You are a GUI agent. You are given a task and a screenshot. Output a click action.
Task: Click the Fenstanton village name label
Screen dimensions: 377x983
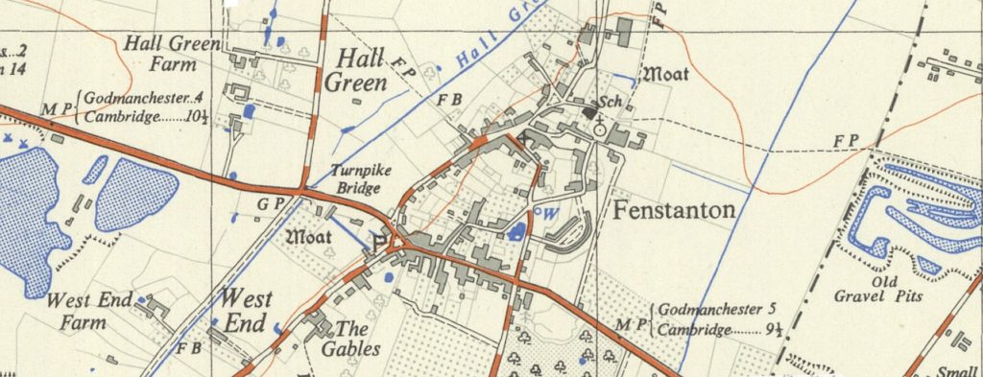point(674,210)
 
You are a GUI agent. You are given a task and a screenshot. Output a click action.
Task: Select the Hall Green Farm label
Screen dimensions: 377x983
point(172,55)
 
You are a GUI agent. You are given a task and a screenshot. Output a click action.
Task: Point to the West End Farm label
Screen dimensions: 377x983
point(88,311)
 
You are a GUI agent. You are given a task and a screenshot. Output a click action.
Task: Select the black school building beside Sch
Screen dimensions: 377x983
point(587,112)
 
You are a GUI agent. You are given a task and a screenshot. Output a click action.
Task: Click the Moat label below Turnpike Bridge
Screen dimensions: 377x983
point(310,234)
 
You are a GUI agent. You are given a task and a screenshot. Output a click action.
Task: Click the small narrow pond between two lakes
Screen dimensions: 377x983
point(94,169)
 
